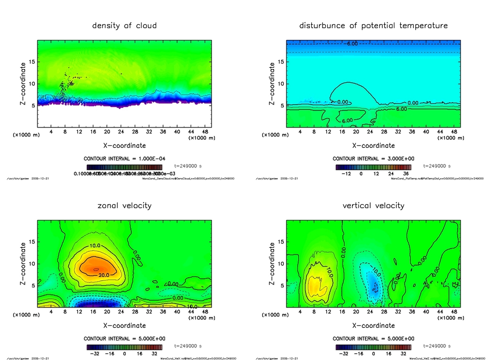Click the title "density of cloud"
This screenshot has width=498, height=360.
click(x=124, y=26)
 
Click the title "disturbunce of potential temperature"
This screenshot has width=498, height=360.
click(x=373, y=26)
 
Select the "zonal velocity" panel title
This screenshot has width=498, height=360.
click(x=124, y=206)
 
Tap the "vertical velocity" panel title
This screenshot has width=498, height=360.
click(x=373, y=206)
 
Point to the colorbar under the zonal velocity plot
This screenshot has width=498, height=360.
click(x=124, y=347)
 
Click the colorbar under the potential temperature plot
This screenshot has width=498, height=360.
click(x=373, y=167)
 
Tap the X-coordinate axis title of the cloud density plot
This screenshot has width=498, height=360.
click(x=124, y=145)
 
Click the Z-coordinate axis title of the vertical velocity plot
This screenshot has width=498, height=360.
click(x=272, y=263)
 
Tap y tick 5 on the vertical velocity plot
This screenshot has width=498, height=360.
click(x=281, y=286)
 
